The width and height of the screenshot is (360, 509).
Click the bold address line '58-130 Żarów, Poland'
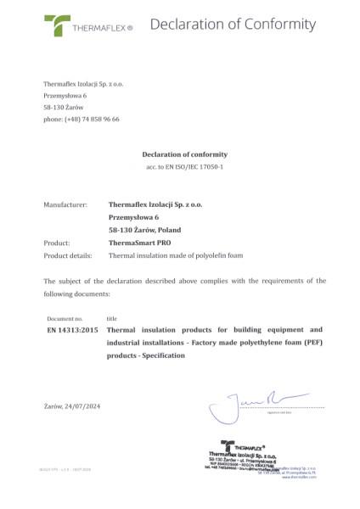click(144, 229)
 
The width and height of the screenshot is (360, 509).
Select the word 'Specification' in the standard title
click(166, 355)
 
